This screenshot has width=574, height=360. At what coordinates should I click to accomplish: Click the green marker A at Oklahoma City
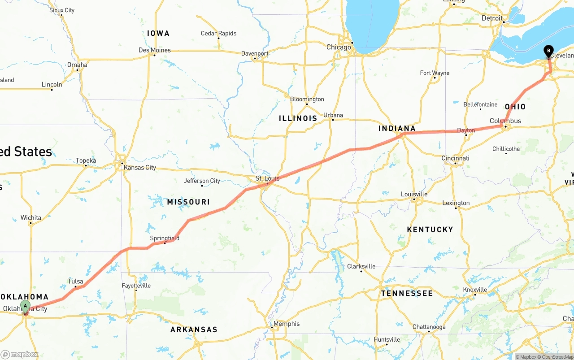[26, 307]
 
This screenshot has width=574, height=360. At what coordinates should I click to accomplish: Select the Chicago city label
[339, 47]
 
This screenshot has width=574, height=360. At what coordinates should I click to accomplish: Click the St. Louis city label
[267, 178]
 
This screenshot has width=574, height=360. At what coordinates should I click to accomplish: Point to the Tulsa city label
[75, 282]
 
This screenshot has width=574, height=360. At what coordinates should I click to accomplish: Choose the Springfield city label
[165, 238]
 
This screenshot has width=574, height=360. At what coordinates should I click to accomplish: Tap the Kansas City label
[140, 168]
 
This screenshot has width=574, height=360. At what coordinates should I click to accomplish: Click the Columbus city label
[505, 121]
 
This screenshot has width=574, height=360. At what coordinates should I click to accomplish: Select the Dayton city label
[466, 130]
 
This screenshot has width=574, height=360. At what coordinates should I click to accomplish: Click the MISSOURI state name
[188, 202]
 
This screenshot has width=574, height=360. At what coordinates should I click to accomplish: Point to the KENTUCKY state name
[430, 230]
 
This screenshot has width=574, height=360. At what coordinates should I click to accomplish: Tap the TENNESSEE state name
[407, 293]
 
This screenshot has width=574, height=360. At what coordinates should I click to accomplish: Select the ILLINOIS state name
[298, 118]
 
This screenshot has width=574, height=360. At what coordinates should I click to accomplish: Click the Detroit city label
[492, 18]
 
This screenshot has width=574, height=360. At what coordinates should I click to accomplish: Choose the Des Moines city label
[154, 50]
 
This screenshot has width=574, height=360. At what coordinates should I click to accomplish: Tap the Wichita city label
[31, 218]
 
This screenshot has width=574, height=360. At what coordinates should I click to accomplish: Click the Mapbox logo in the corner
[20, 354]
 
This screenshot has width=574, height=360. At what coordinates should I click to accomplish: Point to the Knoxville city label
[475, 290]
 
